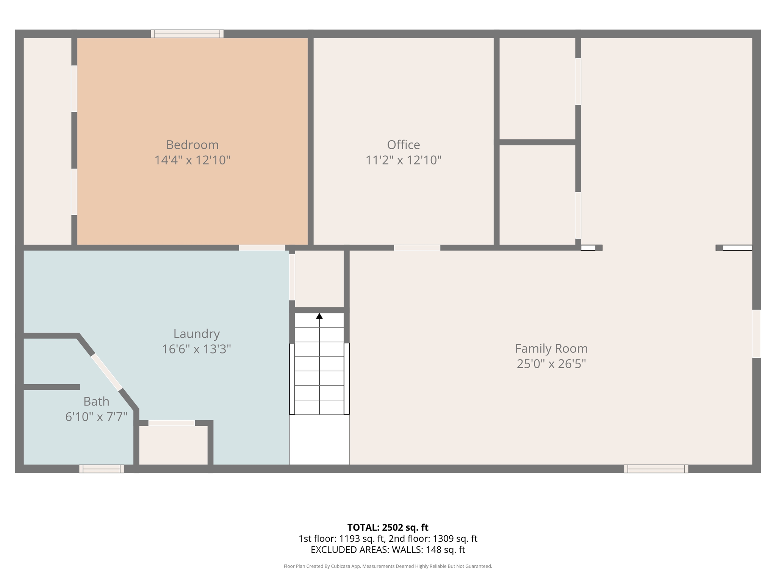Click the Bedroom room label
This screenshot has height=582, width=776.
click(x=192, y=145)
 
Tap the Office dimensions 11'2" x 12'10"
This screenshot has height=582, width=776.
click(x=403, y=160)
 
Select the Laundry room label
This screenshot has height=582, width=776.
click(x=196, y=334)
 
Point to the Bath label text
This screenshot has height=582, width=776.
click(x=96, y=401)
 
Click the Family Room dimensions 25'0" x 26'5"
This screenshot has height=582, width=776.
click(x=551, y=364)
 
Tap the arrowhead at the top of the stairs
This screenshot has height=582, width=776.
click(x=319, y=316)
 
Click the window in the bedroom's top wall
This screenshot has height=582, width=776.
click(x=187, y=34)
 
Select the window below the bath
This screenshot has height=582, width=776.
click(x=102, y=469)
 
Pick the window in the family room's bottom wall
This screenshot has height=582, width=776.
click(x=656, y=469)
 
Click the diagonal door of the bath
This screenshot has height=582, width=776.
click(x=107, y=372)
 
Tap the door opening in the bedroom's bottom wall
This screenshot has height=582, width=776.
click(x=262, y=248)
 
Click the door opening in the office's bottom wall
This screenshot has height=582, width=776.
click(x=417, y=248)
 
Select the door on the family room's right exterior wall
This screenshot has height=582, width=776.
click(x=756, y=333)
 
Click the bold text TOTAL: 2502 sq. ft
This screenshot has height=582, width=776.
click(x=388, y=527)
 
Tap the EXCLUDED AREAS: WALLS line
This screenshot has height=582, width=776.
click(x=388, y=550)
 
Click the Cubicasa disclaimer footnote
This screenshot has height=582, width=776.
click(x=388, y=566)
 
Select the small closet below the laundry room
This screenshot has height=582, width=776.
click(x=173, y=445)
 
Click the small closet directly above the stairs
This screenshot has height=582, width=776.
click(x=319, y=279)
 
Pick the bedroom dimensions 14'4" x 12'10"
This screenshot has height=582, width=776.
click(x=192, y=160)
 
